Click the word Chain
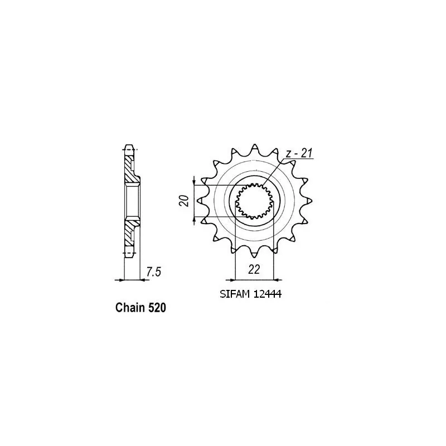[x=130, y=307]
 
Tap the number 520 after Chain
[x=156, y=307]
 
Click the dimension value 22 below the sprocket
[x=254, y=270]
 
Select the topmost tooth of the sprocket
[x=254, y=147]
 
